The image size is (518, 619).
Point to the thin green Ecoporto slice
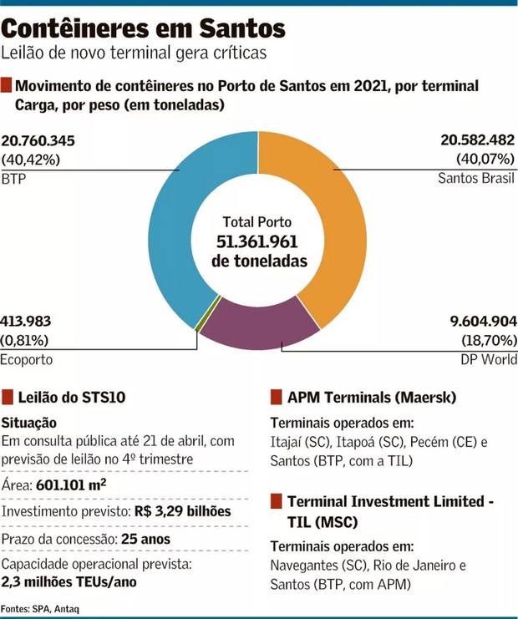coord(198,327)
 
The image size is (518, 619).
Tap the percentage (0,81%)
coord(24,340)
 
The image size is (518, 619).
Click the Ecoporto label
coord(27,360)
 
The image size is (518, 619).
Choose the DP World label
coord(488,360)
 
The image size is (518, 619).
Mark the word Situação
coord(30,424)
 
